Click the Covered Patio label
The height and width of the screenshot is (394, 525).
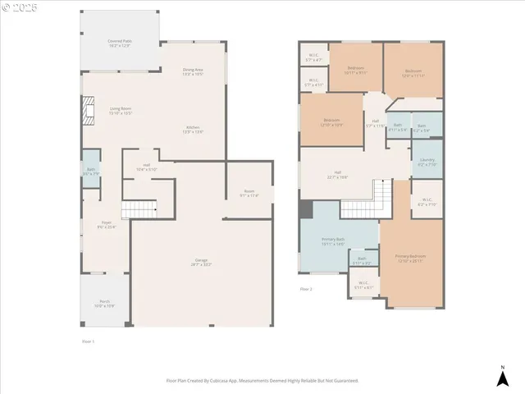coord(120,43)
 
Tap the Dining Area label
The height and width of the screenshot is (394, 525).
coord(193,71)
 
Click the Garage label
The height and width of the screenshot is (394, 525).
coord(202,263)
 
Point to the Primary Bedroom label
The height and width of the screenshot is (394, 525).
coord(408,259)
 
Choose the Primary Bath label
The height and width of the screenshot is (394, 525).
coord(333,241)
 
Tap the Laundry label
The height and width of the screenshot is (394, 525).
coord(427,162)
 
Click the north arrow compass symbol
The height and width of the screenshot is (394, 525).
coord(502,376)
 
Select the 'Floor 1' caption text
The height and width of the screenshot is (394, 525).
coord(89,341)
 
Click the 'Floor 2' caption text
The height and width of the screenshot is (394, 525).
coord(306,289)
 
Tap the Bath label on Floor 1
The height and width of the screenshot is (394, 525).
coord(90,172)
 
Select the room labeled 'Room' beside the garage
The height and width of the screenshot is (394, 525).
coord(249,193)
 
